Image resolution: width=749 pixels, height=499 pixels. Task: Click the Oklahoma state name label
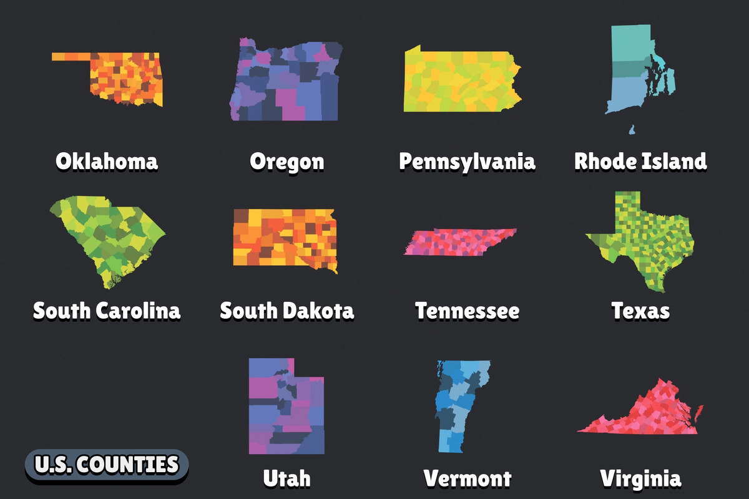tap(106, 162)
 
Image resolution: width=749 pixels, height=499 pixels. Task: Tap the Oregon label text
tap(287, 162)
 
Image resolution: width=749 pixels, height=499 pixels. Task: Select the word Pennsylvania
tap(467, 162)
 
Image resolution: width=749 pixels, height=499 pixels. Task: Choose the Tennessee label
tap(467, 310)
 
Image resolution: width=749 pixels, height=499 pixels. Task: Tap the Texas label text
tap(640, 310)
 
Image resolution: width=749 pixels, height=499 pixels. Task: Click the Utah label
tap(286, 478)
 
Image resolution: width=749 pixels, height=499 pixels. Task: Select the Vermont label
tap(467, 478)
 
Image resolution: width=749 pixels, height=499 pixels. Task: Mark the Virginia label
tap(640, 478)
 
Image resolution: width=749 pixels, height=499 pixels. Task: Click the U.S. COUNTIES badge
tap(106, 465)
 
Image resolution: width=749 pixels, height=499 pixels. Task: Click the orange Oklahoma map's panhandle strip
tap(71, 57)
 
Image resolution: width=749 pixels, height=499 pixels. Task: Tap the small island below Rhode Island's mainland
tap(632, 130)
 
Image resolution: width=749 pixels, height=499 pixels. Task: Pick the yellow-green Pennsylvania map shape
tap(462, 81)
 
